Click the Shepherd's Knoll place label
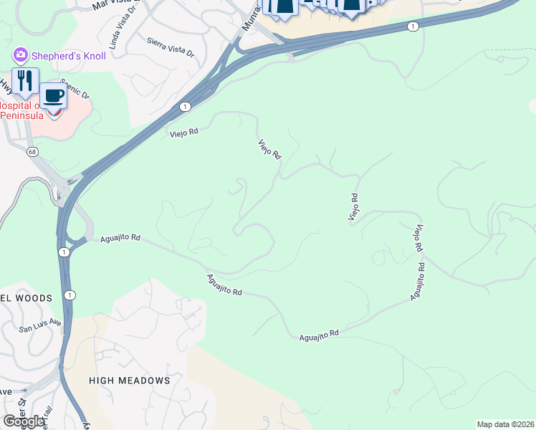(x=68, y=56)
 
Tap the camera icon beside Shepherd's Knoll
(x=20, y=55)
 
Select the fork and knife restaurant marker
(x=25, y=80)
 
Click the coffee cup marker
(x=52, y=95)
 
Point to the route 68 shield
(x=32, y=151)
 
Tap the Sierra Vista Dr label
(x=171, y=47)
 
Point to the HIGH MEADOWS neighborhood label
(x=130, y=381)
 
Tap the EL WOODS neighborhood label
(x=27, y=298)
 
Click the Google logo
(x=24, y=421)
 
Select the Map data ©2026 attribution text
(x=505, y=424)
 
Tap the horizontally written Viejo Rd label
(x=183, y=133)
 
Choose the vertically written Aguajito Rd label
(x=418, y=282)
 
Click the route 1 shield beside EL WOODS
(x=69, y=295)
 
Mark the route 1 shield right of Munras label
(x=412, y=27)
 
